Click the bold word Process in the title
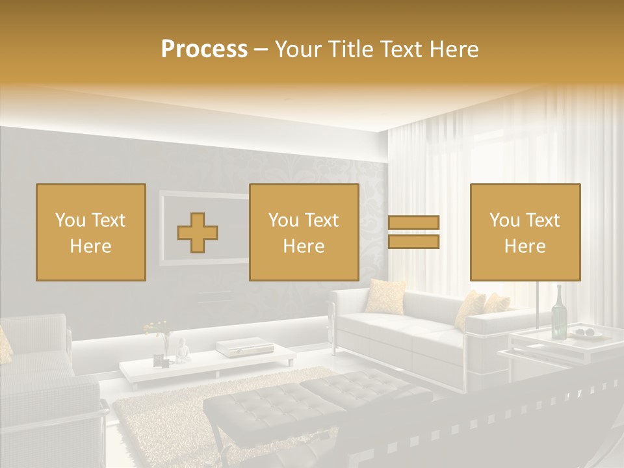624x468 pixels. (204, 49)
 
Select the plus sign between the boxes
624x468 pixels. (198, 233)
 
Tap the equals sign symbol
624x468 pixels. (413, 233)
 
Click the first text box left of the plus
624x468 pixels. (91, 232)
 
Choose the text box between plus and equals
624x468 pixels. (304, 232)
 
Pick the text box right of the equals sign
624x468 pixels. (525, 232)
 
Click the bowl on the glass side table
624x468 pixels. (585, 333)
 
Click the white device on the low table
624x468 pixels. (237, 348)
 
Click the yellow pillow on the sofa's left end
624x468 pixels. (385, 296)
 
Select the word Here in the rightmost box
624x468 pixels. (525, 246)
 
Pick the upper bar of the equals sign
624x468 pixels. (413, 222)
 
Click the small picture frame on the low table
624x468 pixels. (158, 359)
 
